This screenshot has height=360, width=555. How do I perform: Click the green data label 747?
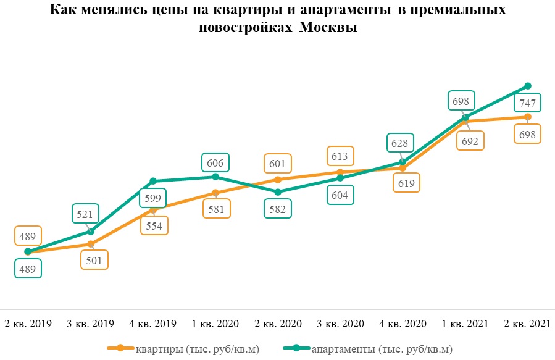pos(528,103)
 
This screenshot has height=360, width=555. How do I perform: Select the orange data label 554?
pos(154,225)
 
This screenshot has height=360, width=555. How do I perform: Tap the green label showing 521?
pos(85,214)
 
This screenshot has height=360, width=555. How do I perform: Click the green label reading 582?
pos(277,209)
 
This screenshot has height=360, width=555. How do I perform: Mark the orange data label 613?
pos(340,156)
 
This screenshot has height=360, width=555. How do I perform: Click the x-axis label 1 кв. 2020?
pos(215,324)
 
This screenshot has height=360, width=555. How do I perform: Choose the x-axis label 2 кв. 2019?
pos(28,324)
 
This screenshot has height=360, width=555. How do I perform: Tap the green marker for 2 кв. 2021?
pos(528,86)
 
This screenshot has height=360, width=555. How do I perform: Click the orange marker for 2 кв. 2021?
pos(528,117)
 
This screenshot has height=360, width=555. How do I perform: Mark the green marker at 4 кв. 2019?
pos(153,182)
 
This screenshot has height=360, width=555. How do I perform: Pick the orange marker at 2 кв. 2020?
pos(277,180)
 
